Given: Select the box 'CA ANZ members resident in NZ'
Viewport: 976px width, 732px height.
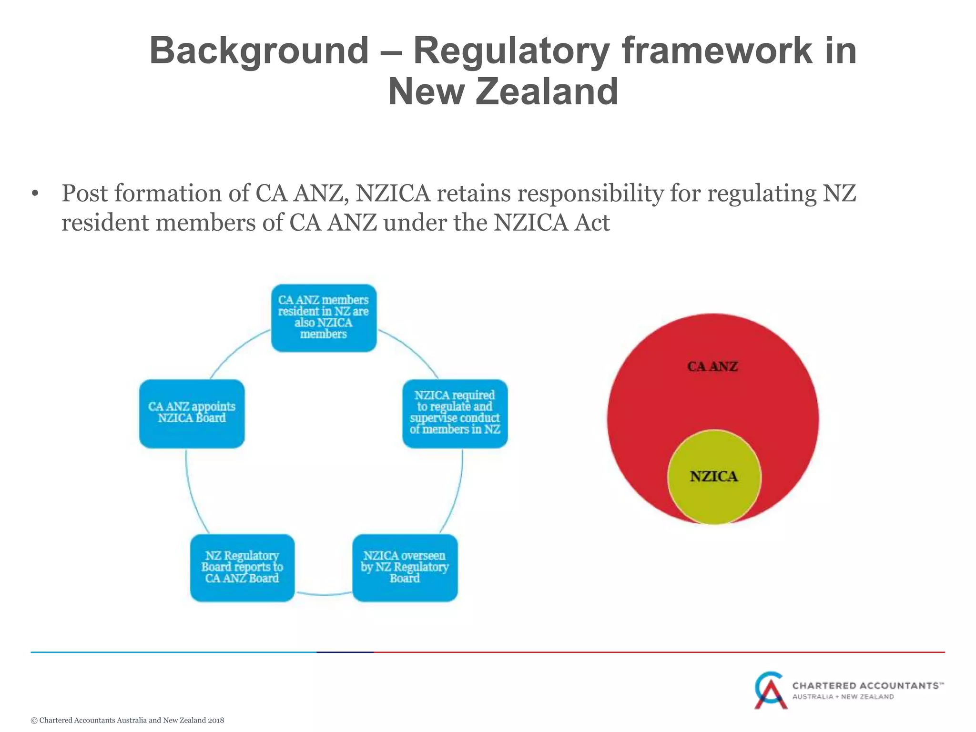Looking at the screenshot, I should (x=324, y=317).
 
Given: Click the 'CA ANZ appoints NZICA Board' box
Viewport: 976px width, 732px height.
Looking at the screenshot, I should (x=192, y=413).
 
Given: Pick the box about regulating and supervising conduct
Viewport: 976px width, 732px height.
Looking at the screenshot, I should (x=455, y=413).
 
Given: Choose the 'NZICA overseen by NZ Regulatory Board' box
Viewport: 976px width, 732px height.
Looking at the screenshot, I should (x=405, y=567).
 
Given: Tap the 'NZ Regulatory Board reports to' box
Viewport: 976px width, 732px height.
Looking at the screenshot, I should (x=242, y=567).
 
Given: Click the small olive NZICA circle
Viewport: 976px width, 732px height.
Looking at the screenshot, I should (x=714, y=496).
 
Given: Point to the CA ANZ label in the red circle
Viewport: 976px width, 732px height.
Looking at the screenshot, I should (x=712, y=366).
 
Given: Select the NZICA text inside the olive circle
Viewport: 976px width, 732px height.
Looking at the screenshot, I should (x=714, y=477).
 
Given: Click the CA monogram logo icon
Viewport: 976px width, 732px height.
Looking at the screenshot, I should (x=770, y=690).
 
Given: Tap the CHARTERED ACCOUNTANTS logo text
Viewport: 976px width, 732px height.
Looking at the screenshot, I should (x=867, y=686).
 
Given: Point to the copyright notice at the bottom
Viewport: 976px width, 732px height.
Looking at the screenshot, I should (x=127, y=720).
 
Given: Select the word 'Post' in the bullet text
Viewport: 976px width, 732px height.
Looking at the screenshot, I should (x=84, y=194).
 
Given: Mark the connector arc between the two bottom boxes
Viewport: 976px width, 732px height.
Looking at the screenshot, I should (x=324, y=594).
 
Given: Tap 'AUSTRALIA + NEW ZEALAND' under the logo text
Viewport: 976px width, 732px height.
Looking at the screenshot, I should (x=843, y=697).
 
